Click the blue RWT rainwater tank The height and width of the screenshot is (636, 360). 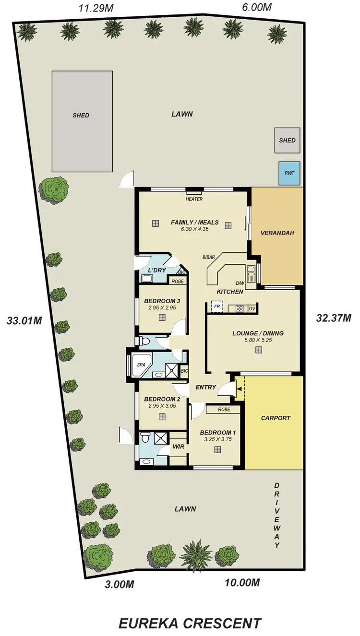pos(289,174)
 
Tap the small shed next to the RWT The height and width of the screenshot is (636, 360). pos(287,141)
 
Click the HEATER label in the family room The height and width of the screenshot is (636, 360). pos(194,199)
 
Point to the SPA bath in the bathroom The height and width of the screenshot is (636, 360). pos(141,365)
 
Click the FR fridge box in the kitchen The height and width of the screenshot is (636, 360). pos(216,306)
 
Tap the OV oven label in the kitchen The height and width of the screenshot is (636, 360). pos(251,307)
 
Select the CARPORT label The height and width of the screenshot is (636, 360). pos(276,418)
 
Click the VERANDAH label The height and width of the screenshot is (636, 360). pos(276,233)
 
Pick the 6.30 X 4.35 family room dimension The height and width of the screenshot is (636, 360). pos(194,229)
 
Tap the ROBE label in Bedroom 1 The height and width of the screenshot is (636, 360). pos(223,410)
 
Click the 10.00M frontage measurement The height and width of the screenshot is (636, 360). pos(242,582)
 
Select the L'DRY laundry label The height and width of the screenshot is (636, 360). pos(156,271)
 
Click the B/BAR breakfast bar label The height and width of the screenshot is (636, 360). pos(209,258)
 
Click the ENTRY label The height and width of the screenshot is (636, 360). pos(206,387)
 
